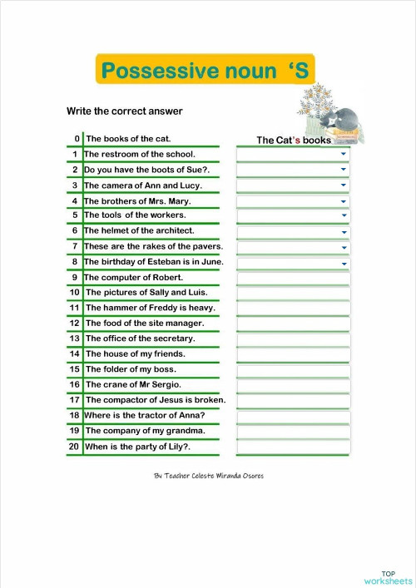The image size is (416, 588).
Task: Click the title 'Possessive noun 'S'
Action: (205, 71)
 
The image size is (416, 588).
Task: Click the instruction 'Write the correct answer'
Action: (124, 111)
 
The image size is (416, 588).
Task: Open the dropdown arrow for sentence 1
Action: (343, 154)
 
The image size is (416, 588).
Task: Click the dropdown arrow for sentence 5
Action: (343, 216)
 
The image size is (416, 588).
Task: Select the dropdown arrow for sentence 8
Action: (343, 264)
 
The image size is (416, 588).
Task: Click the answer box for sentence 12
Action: (293, 324)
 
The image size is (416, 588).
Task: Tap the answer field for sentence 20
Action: (293, 447)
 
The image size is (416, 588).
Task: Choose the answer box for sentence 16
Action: (293, 385)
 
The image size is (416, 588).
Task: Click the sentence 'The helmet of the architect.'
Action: (139, 230)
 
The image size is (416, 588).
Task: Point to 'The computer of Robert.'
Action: (134, 277)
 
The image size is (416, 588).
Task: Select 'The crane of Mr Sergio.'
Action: (133, 384)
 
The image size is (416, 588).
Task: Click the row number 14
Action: (74, 353)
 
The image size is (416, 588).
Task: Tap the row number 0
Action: (77, 139)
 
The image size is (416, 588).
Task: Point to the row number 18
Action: (74, 415)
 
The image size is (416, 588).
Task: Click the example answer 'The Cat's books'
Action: (293, 140)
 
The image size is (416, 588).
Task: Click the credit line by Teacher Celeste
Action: (209, 476)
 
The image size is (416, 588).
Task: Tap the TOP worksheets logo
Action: (387, 577)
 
